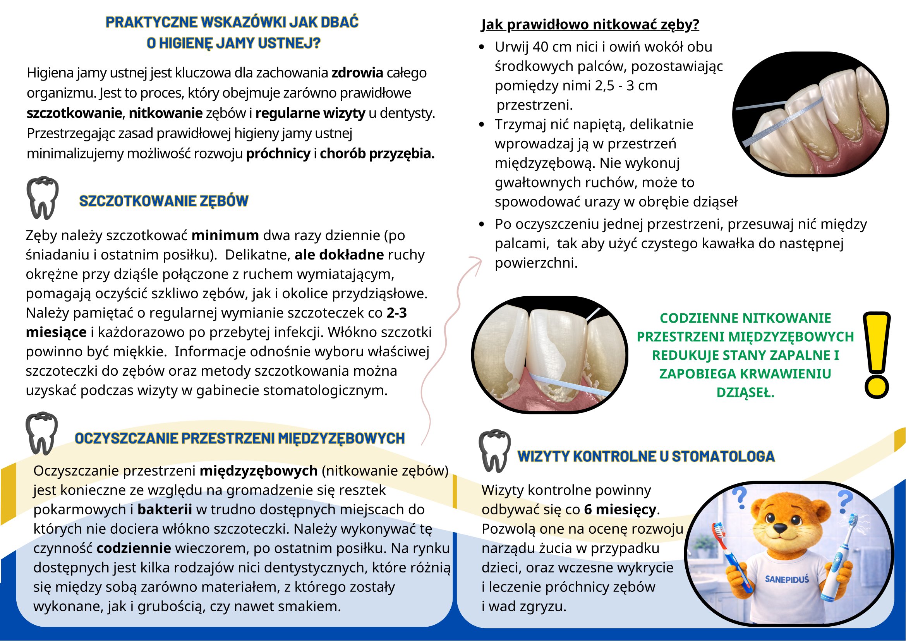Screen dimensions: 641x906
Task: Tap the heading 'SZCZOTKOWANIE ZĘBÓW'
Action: point(164,201)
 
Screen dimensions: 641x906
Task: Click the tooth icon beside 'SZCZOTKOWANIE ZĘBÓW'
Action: point(42,198)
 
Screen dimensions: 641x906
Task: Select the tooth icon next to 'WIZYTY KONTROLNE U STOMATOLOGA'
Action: point(494,451)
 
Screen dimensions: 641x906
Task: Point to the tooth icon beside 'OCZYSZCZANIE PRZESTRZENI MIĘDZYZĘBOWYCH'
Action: point(41,433)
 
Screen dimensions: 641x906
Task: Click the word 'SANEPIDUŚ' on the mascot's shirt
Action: point(786,579)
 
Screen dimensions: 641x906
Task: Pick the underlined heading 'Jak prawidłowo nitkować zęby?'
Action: point(590,25)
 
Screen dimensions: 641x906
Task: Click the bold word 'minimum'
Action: point(225,235)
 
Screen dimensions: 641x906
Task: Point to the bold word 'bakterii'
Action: point(165,510)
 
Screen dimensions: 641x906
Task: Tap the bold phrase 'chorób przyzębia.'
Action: point(377,153)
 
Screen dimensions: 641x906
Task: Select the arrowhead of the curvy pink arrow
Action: point(477,262)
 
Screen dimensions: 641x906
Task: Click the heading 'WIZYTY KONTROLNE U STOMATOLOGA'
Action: point(646,456)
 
